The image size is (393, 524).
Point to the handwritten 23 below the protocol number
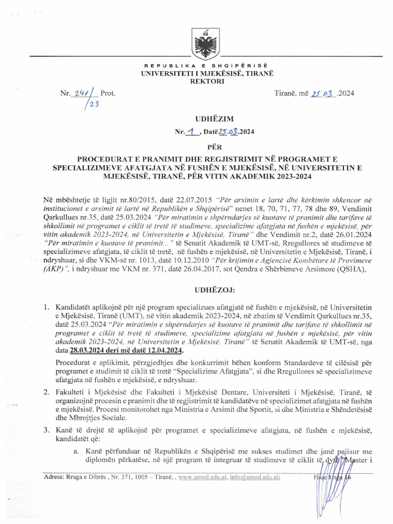coord(93,104)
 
